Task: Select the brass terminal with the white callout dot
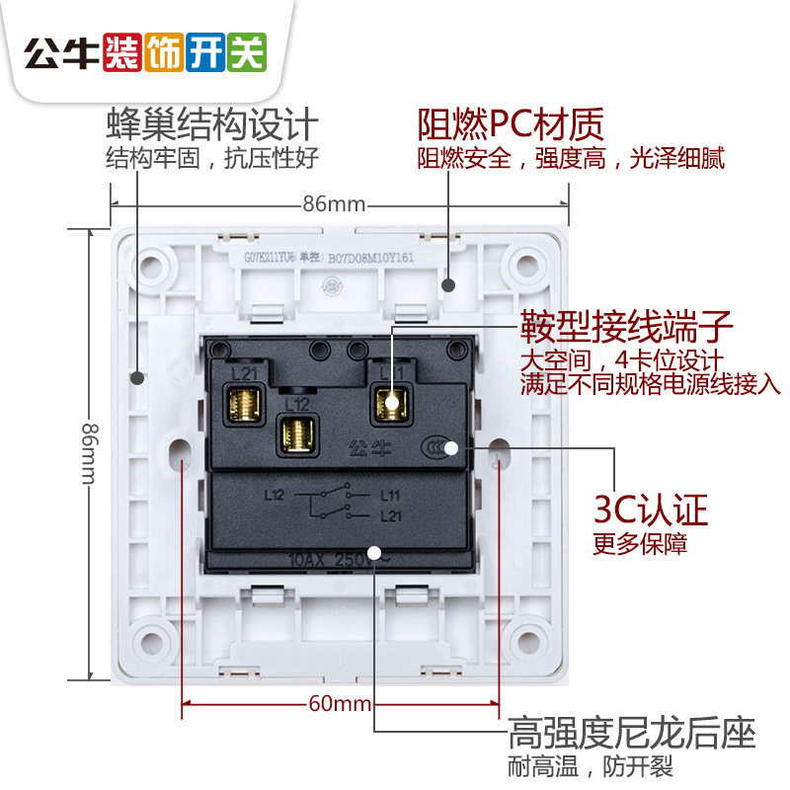[390, 403]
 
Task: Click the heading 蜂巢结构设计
[212, 125]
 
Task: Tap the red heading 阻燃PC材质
[510, 125]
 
